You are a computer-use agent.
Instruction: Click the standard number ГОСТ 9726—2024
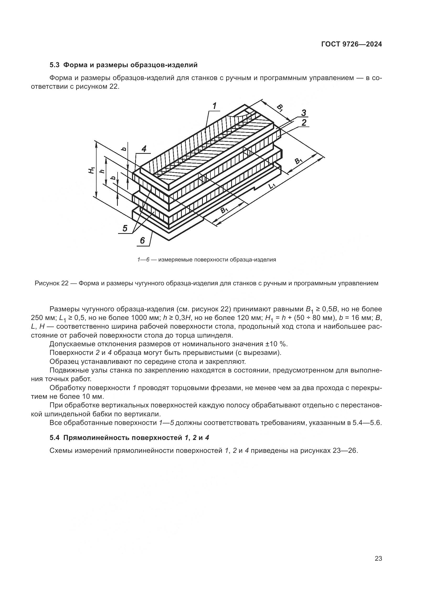351,44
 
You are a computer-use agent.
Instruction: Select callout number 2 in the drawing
304,123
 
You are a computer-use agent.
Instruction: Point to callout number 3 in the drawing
304,113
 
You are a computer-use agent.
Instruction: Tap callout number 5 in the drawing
125,228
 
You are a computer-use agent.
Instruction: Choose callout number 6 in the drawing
142,241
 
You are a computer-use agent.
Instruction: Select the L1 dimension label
272,186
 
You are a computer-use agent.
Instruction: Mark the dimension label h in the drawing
102,171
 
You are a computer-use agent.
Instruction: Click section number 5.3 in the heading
55,65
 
